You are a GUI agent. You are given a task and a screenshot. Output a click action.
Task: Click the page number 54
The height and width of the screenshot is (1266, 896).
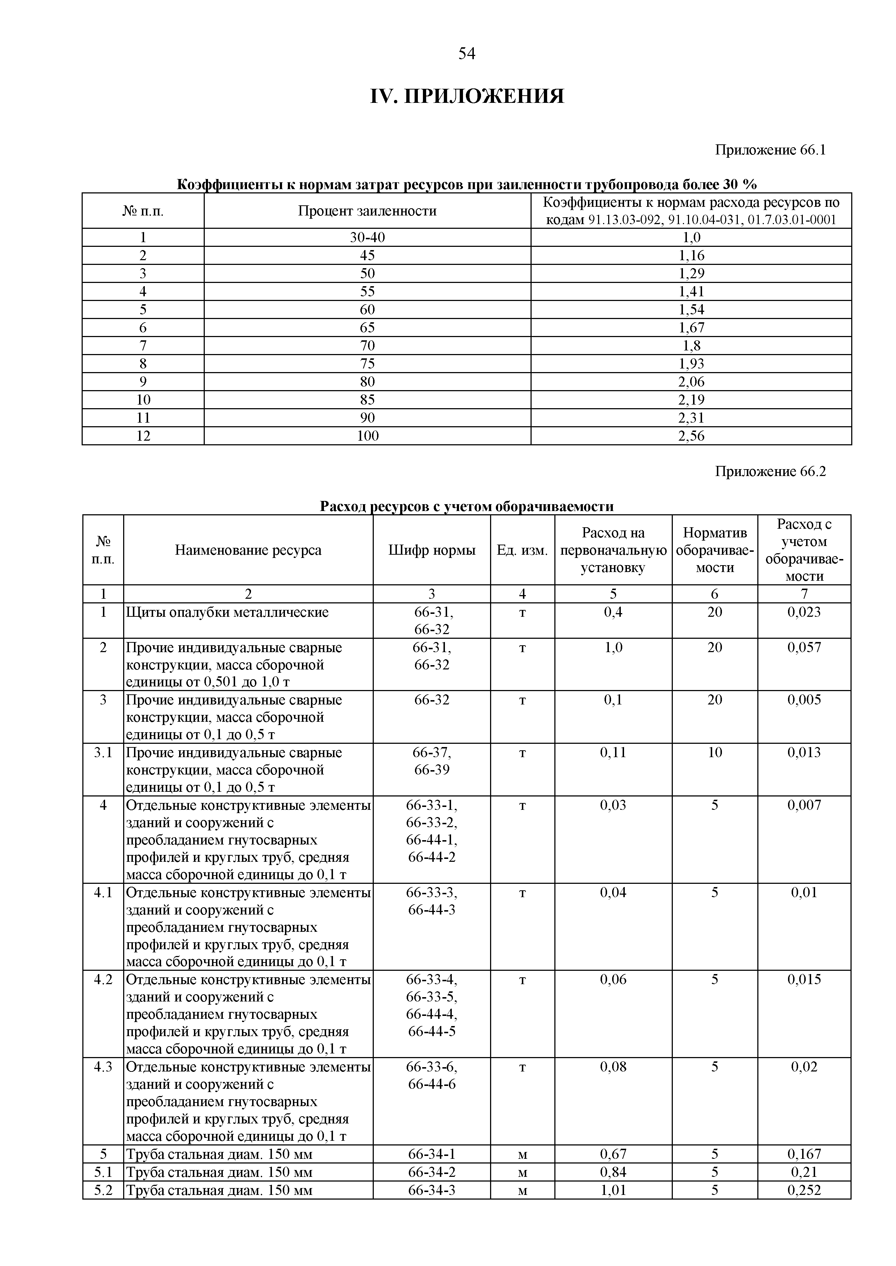coord(466,53)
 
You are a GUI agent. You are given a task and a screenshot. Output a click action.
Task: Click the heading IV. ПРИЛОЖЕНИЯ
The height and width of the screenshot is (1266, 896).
coord(466,96)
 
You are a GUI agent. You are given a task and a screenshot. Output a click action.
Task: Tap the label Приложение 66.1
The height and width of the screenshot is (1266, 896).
coord(770,150)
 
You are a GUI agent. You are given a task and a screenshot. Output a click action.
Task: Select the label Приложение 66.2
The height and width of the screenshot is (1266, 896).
coord(770,471)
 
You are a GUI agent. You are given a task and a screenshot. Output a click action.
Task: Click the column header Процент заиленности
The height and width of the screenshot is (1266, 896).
coord(367,211)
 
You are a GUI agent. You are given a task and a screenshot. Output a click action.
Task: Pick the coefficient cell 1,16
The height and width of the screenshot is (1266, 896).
coord(691,255)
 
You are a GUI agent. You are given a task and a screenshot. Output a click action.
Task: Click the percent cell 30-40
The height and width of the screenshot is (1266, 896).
coord(367,238)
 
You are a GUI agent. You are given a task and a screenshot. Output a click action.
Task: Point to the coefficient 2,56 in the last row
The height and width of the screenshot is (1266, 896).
coord(691,436)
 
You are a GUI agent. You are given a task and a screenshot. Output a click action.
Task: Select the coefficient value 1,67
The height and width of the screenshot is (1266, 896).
coord(691,328)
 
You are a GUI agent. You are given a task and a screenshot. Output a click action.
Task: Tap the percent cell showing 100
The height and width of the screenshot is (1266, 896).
coord(367,436)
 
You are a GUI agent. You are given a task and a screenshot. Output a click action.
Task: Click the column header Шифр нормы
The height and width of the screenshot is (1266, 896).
coord(432,550)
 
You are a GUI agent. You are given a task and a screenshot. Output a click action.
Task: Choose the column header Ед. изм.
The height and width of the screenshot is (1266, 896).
coord(522,550)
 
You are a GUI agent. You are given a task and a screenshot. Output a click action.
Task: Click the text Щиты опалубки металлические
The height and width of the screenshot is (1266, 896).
coord(227,612)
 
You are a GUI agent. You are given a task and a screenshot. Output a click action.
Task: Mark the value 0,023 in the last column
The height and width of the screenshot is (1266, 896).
coord(804,612)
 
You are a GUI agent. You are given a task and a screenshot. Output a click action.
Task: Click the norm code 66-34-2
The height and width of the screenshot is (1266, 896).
coord(432,1172)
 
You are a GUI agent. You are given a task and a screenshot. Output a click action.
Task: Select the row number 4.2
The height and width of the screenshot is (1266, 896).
coord(103,979)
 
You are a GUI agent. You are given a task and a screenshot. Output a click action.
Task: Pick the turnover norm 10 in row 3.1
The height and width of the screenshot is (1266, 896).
coord(714,753)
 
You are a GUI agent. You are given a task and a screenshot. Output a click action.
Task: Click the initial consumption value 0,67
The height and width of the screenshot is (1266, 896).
coord(613,1154)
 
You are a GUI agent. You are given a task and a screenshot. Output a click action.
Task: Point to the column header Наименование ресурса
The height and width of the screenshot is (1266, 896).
coord(248,550)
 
